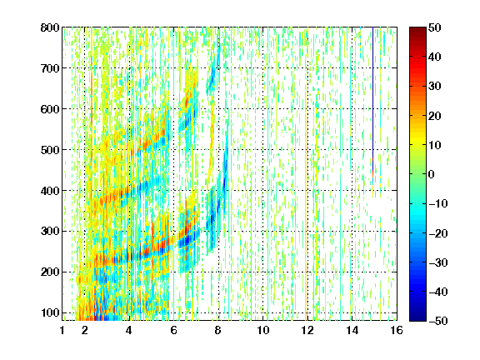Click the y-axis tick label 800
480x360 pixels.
pyautogui.click(x=50, y=27)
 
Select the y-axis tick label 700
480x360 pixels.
pyautogui.click(x=50, y=68)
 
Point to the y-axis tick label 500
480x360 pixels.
pyautogui.click(x=50, y=150)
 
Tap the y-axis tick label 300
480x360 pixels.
pyautogui.click(x=50, y=232)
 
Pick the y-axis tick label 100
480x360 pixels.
pyautogui.click(x=50, y=312)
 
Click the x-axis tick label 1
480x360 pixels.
pyautogui.click(x=62, y=330)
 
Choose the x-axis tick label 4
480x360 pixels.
pyautogui.click(x=129, y=330)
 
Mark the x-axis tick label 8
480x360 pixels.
pyautogui.click(x=218, y=330)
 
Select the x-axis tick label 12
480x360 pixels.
pyautogui.click(x=307, y=330)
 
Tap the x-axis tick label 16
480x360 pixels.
pyautogui.click(x=397, y=330)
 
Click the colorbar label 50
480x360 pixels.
pyautogui.click(x=434, y=27)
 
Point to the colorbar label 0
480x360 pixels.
pyautogui.click(x=432, y=174)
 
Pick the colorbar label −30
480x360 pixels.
pyautogui.click(x=438, y=262)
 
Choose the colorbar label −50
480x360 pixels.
pyautogui.click(x=438, y=321)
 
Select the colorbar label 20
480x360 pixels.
pyautogui.click(x=434, y=116)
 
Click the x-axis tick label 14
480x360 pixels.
pyautogui.click(x=352, y=330)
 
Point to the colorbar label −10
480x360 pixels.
pyautogui.click(x=438, y=203)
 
